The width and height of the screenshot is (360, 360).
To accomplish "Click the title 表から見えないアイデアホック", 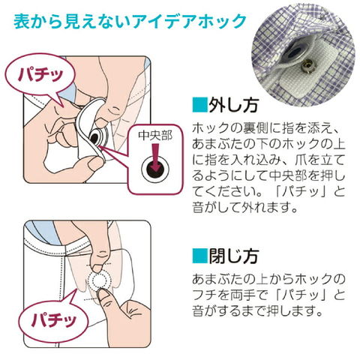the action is pos(130,22).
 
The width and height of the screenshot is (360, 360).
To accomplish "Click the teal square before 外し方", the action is pos(199,105).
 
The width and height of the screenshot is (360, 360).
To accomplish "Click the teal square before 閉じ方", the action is pos(199,256).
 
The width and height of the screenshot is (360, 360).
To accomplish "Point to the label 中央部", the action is pos(155,136).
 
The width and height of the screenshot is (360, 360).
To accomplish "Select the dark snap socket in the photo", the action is pos(297,51).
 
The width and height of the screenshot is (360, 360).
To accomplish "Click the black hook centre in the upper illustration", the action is pos(95,138).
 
